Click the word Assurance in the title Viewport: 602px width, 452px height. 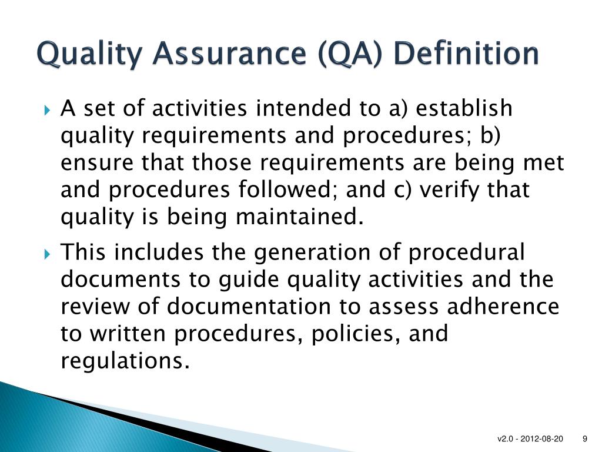[229, 54]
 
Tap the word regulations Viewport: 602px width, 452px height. [125, 361]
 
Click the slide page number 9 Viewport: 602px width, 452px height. [585, 439]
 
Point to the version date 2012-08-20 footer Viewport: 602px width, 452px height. [541, 439]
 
